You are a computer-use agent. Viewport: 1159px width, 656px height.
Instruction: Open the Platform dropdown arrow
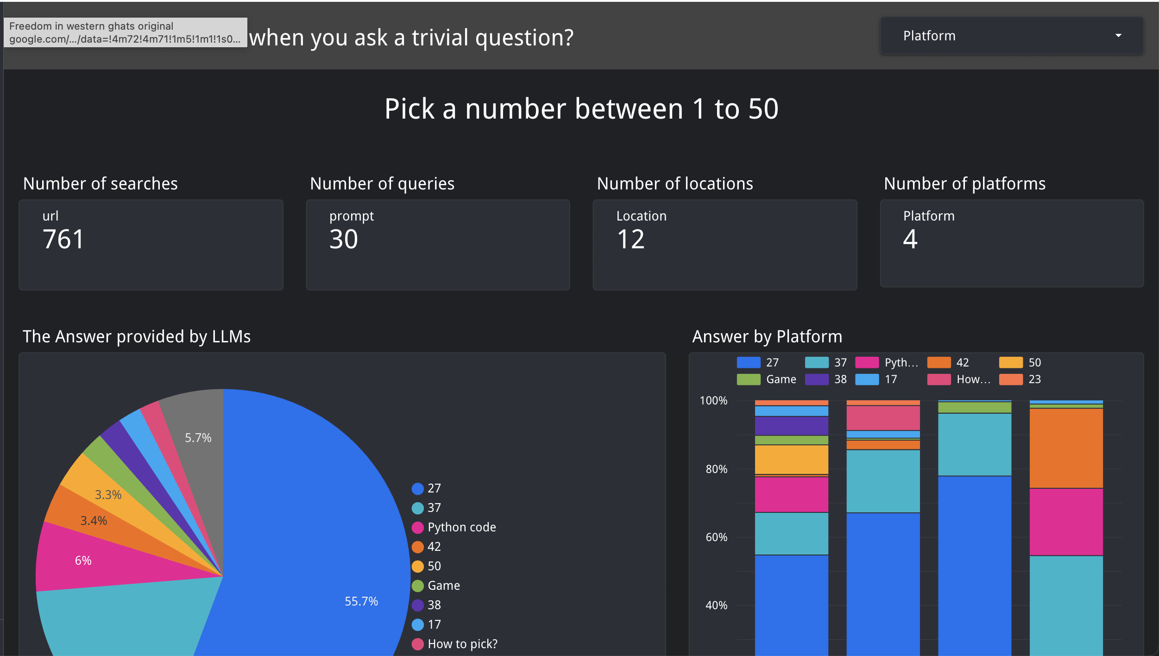coord(1118,36)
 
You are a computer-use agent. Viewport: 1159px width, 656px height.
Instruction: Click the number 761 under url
coord(63,240)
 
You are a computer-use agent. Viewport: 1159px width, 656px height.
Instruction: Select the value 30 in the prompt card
coord(344,240)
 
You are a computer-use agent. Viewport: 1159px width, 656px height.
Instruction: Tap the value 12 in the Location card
coord(630,240)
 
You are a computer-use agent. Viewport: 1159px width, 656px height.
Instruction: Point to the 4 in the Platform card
coord(910,240)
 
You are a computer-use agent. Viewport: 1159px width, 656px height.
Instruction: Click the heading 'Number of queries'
coord(382,184)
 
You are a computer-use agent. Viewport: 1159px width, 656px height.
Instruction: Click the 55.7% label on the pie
coord(361,601)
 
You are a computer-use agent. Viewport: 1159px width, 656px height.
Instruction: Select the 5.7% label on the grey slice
coord(198,438)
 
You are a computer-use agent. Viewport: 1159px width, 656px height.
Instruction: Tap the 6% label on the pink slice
coord(83,561)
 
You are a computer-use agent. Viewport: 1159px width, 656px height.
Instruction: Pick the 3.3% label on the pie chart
coord(108,495)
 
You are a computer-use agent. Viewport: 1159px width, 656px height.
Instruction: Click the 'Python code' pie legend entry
coord(461,527)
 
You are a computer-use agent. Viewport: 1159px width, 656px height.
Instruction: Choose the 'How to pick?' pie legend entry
coord(462,644)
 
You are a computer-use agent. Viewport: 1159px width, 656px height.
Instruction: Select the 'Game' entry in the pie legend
coord(443,586)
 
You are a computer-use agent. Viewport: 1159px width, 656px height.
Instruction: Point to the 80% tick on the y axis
coord(716,469)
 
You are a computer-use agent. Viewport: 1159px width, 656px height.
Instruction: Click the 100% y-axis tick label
coord(713,401)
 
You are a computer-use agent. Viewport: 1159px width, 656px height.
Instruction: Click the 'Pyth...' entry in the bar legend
coord(901,362)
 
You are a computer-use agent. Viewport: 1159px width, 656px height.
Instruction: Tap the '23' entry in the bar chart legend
coord(1034,379)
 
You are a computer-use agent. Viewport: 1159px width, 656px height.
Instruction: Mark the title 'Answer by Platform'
coord(767,337)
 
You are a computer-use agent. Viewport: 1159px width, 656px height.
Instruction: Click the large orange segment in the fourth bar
coord(1066,448)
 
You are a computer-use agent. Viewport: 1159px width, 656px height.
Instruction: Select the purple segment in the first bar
coord(791,425)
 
